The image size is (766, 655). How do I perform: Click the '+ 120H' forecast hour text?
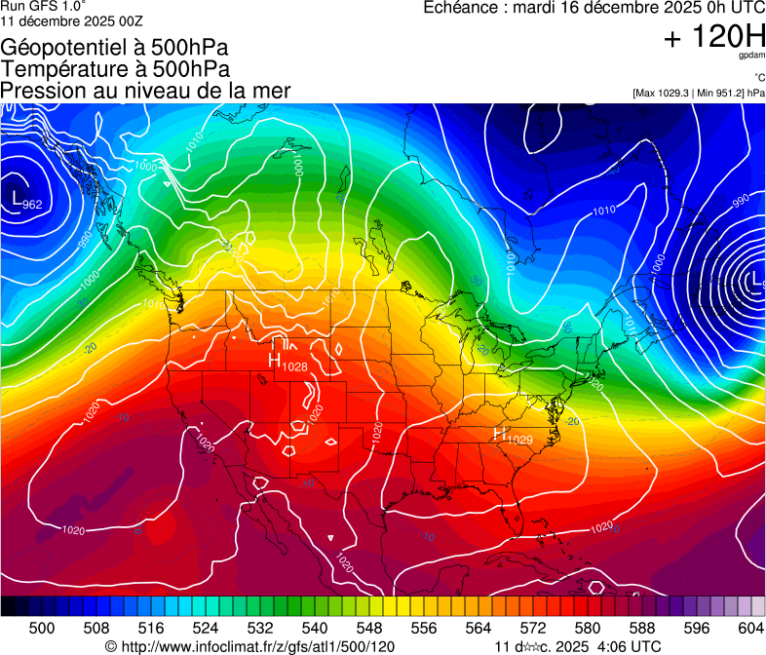714,37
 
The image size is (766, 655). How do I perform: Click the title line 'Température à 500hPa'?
115,69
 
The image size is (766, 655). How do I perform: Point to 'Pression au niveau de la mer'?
145,91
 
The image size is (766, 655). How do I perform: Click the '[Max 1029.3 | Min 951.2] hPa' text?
699,93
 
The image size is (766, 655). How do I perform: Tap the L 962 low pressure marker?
23,201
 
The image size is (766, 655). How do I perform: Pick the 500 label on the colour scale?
42,628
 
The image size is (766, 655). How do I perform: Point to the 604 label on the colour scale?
751,628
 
